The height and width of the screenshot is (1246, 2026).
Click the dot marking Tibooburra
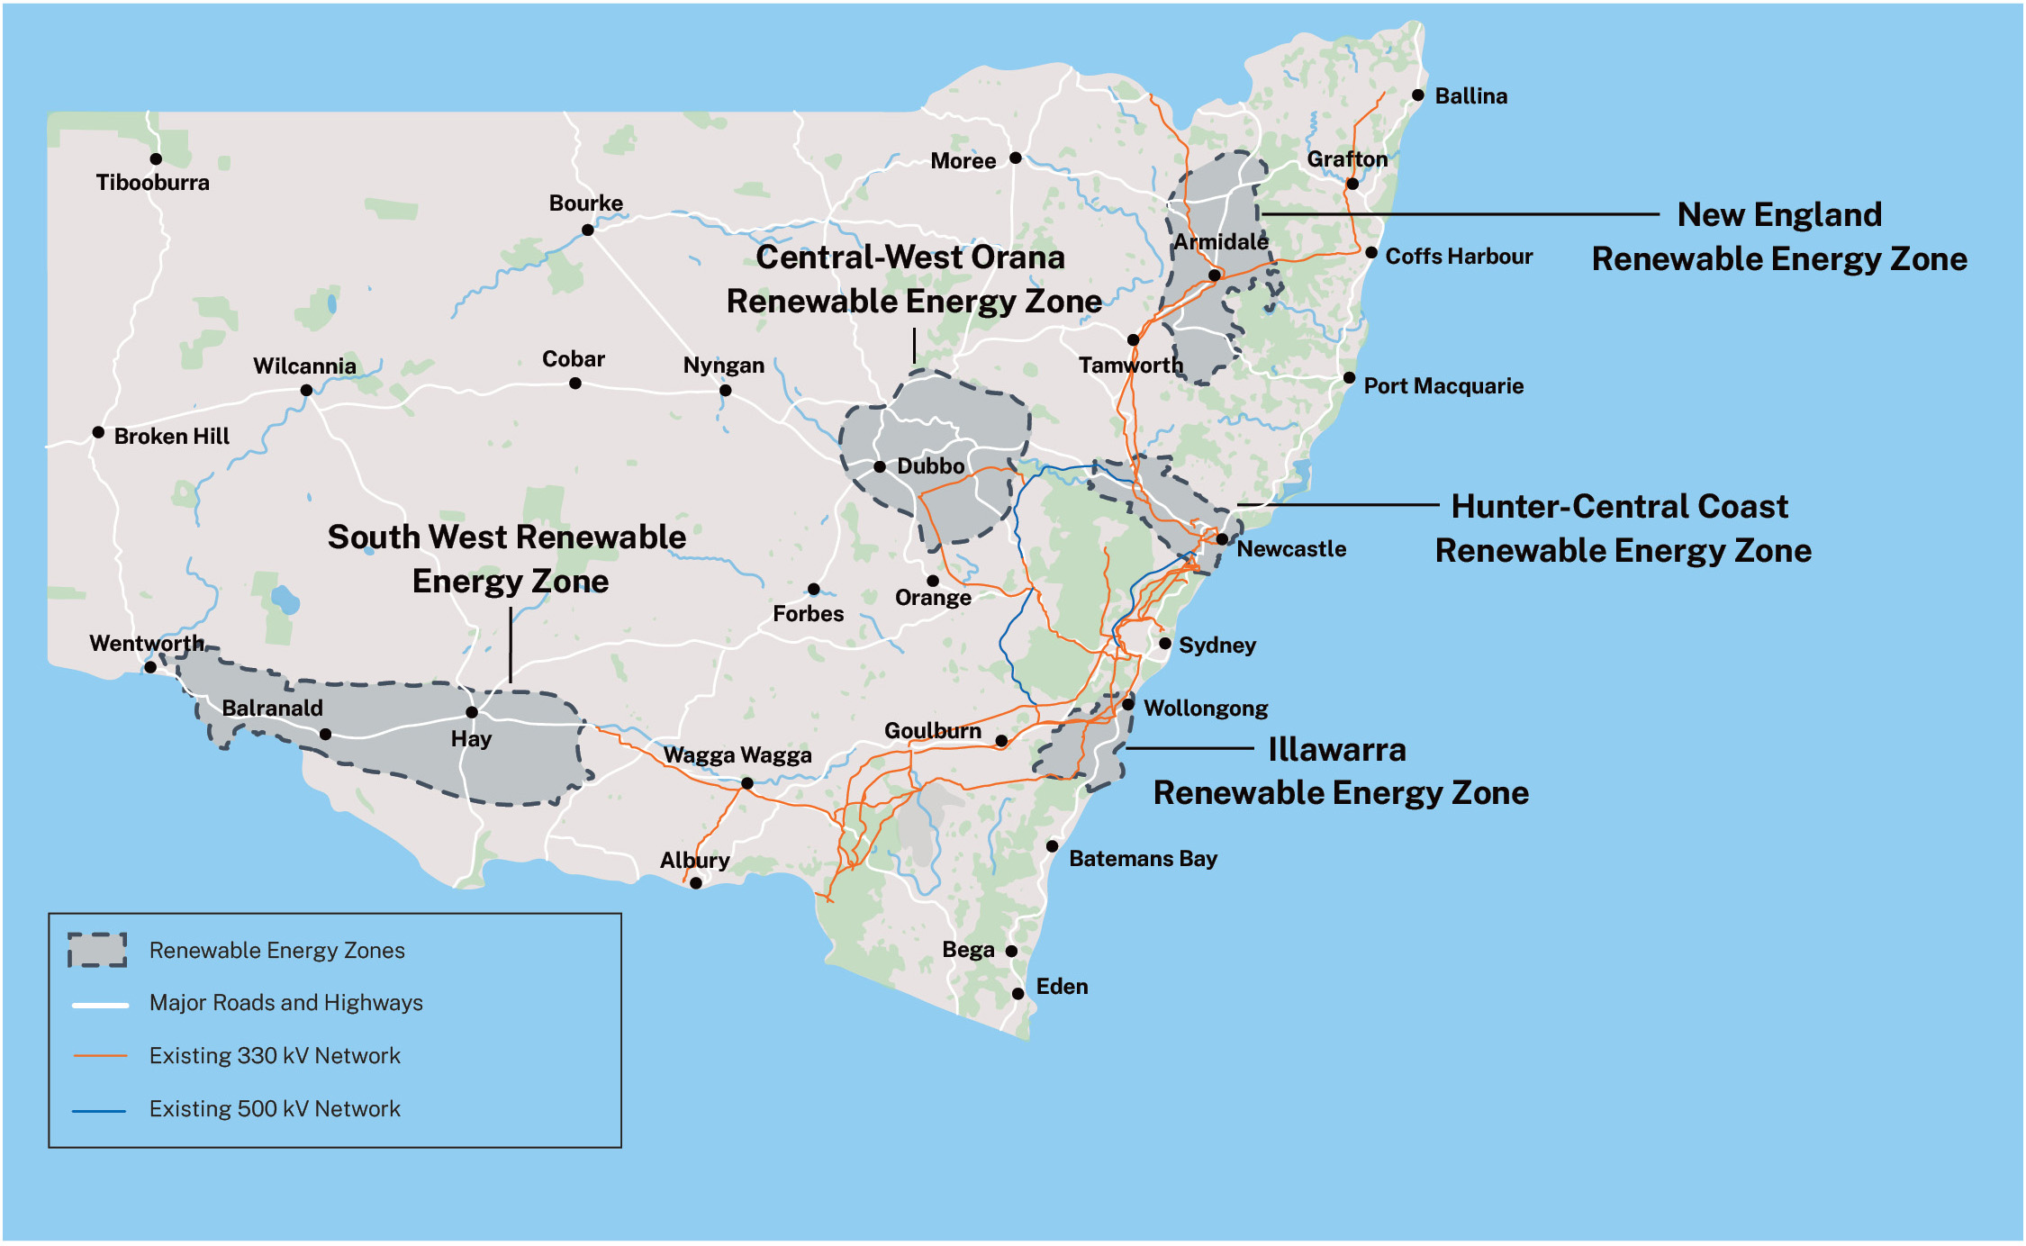pos(156,159)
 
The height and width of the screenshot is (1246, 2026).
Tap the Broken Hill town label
pos(171,437)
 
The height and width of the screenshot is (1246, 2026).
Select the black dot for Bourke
pos(588,230)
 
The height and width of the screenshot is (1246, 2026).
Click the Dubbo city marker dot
pos(880,467)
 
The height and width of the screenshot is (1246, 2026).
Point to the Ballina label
pos(1470,96)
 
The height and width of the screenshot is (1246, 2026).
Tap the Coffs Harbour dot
pos(1371,253)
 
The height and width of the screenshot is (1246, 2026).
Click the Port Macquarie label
pos(1443,386)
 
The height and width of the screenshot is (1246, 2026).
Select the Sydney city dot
pos(1165,644)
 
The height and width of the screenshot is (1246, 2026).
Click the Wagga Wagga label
pos(737,755)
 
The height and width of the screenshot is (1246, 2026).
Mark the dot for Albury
pos(696,883)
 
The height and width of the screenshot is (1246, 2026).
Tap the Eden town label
pos(1062,987)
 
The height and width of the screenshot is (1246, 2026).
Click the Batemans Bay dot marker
pos(1052,846)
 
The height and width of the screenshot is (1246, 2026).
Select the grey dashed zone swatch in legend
pos(97,950)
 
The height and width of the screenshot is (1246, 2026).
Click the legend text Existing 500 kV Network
pos(275,1109)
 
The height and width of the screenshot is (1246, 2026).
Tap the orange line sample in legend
pos(100,1055)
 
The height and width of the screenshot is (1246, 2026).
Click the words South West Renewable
pos(506,537)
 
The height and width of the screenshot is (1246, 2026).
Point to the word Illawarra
pos(1337,749)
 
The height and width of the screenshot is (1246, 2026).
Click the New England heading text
pos(1779,215)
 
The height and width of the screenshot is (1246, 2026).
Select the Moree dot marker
pos(1016,158)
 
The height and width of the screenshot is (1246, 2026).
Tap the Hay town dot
pos(472,713)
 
